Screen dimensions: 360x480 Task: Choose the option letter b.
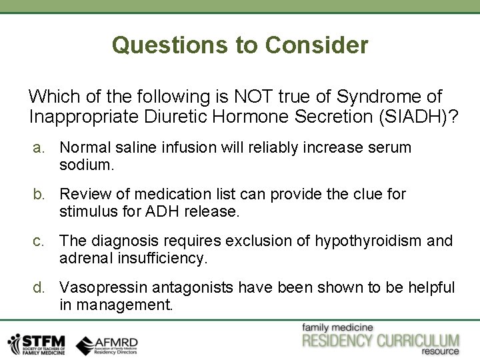point(40,194)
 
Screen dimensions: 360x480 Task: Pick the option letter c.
point(40,241)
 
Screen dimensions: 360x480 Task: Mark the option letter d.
point(40,287)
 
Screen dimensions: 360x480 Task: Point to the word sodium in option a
point(87,165)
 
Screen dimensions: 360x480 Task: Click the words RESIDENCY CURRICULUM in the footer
point(381,340)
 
